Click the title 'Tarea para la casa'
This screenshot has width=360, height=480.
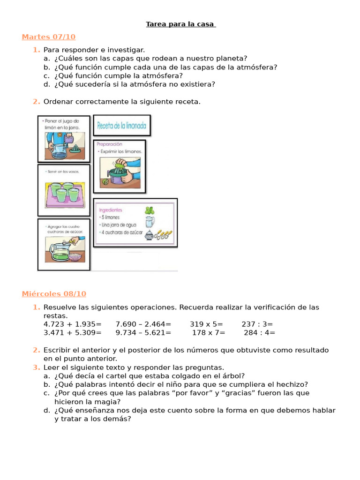(180, 24)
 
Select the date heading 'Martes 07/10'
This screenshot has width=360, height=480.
(48, 37)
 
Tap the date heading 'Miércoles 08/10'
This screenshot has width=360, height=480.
(54, 294)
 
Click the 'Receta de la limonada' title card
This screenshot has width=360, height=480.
(122, 126)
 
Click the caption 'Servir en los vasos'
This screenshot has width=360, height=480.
(63, 171)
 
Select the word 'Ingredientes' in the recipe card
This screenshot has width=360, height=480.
(111, 210)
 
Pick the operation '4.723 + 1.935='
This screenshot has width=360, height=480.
(73, 324)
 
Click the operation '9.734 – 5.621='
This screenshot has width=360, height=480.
(143, 333)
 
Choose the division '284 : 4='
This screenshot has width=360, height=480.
(260, 333)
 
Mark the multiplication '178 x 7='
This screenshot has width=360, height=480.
(209, 333)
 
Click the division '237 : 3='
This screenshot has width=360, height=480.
(257, 324)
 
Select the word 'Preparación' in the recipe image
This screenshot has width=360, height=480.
(109, 144)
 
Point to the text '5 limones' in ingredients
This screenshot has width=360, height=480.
(109, 217)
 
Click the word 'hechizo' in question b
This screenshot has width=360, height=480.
(292, 384)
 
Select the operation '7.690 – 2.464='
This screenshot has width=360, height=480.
(143, 324)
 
